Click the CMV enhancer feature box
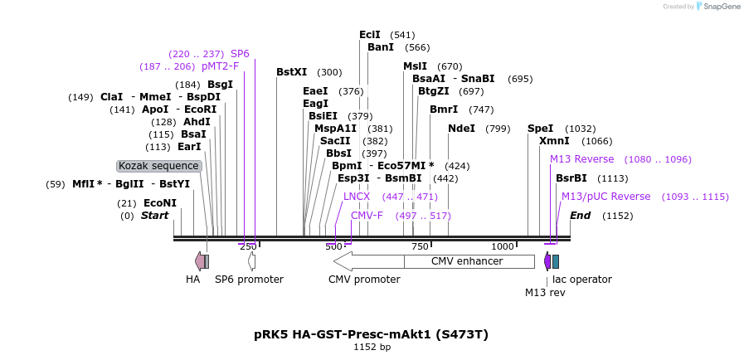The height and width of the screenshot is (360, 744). point(469,261)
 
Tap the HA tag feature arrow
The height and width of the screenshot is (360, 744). point(199,261)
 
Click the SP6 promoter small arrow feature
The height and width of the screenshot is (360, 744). point(251,261)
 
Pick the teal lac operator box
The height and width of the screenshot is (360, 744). point(556,261)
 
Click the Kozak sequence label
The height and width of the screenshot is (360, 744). point(158,166)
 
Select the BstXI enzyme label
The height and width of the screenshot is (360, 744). point(291,72)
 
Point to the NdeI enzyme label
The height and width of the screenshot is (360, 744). point(461,129)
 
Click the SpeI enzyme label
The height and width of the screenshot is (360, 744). point(540,129)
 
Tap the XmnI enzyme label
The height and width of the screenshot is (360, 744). point(554,141)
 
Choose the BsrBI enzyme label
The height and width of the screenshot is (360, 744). point(571,178)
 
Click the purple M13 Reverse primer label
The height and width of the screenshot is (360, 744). point(581,159)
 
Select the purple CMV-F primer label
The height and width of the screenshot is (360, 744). point(367,216)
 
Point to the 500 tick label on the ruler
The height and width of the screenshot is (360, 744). point(333,246)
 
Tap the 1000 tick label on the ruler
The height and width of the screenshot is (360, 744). point(502,246)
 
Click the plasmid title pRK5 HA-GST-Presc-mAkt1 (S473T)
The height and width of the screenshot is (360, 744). point(371,334)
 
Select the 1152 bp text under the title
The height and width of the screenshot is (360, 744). point(372,348)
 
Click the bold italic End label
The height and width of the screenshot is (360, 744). point(580,216)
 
